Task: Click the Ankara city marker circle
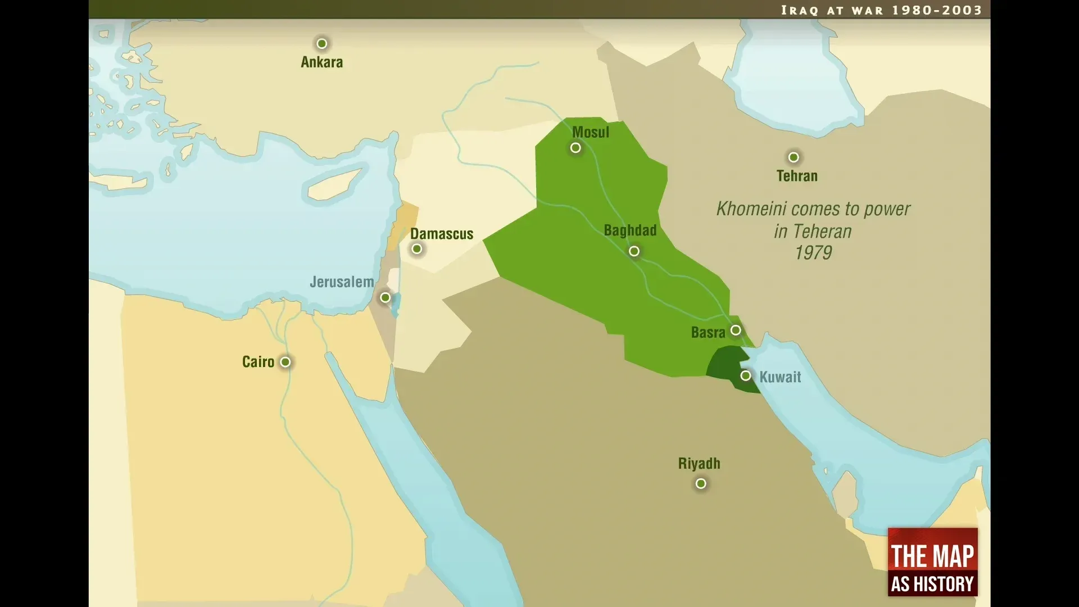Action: [321, 43]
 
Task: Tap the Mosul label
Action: [590, 133]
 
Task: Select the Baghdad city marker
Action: [634, 251]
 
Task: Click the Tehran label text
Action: [797, 176]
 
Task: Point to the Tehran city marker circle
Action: [794, 157]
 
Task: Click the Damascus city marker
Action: [416, 249]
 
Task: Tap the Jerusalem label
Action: [342, 282]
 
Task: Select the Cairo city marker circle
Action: [285, 362]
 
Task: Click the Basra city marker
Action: [736, 330]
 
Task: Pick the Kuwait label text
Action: [780, 377]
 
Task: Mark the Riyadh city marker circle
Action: [701, 483]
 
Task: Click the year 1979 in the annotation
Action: [813, 253]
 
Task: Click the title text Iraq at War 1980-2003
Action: [881, 10]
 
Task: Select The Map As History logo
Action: [932, 561]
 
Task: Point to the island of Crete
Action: [121, 183]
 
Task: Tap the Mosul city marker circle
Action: [575, 148]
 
